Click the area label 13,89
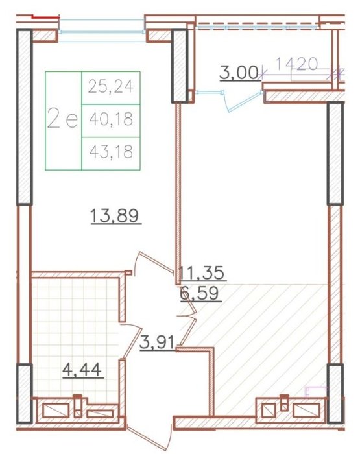[x=115, y=216]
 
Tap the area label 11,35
[x=202, y=272]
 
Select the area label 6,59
[x=199, y=293]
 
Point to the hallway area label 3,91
[x=157, y=343]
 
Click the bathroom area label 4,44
[x=82, y=370]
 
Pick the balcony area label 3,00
[x=239, y=73]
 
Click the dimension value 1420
[x=296, y=64]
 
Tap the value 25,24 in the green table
[x=111, y=86]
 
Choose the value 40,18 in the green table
[x=111, y=119]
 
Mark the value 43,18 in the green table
[x=111, y=151]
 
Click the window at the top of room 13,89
[x=102, y=31]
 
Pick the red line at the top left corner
[x=46, y=16]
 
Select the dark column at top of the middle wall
[x=180, y=66]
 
